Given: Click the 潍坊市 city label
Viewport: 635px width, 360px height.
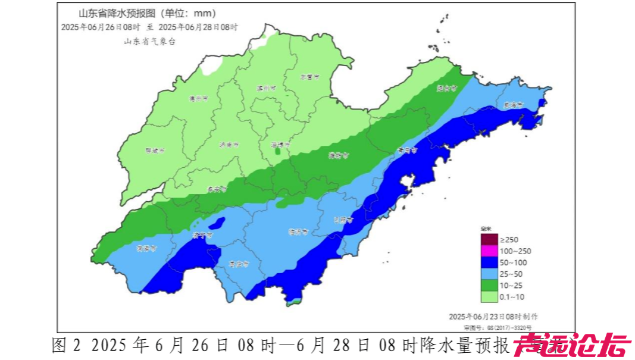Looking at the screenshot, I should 338,156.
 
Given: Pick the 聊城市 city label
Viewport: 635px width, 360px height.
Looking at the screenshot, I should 155,151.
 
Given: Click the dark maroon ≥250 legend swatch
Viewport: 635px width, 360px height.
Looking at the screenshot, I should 489,239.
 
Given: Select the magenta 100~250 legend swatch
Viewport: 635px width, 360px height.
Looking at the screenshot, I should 489,251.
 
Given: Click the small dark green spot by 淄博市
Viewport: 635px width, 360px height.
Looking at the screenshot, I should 277,151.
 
